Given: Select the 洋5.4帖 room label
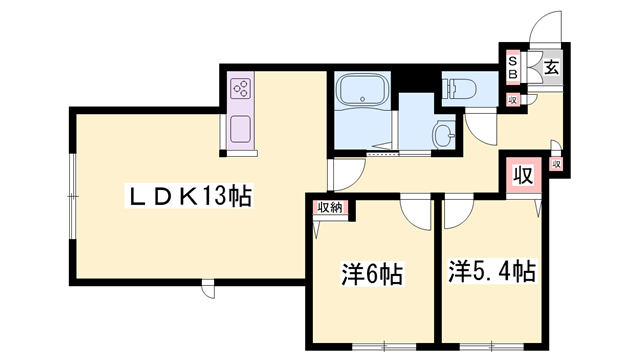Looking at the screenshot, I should tap(491, 270).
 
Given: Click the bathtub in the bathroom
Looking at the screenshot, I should tap(361, 92).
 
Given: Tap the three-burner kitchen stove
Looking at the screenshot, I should tap(240, 89).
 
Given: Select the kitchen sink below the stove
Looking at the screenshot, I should tap(240, 129).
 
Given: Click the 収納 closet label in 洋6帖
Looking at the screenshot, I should tap(329, 207).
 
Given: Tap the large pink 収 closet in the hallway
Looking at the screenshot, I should tap(521, 175).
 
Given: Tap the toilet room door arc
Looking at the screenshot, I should tap(481, 125).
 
